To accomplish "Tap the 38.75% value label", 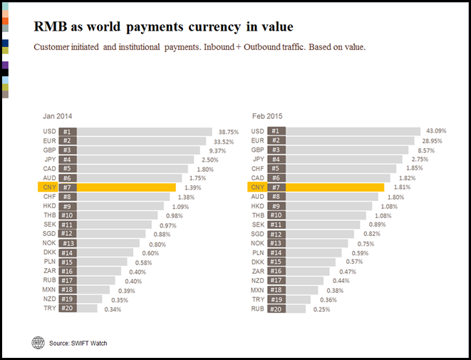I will click(227, 132).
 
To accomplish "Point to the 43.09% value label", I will click(436, 132).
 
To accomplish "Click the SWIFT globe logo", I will click(38, 342).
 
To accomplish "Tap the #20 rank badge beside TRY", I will click(67, 309).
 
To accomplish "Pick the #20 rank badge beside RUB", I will click(276, 309).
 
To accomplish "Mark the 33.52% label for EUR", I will click(224, 141).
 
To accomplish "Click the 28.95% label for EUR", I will click(432, 141).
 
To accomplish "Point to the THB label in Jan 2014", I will click(49, 215).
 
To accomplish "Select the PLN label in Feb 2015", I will click(258, 252).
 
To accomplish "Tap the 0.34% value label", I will click(113, 309).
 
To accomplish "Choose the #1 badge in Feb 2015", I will click(276, 132).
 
